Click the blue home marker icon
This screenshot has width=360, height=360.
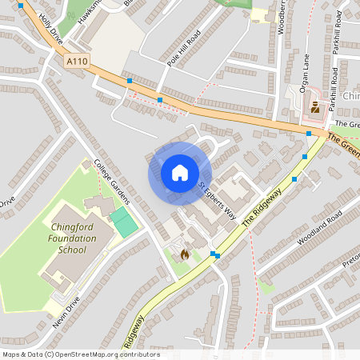(179, 173)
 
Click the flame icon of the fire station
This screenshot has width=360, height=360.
(185, 254)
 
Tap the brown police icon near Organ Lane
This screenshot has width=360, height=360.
(315, 106)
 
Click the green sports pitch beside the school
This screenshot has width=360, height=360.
(122, 222)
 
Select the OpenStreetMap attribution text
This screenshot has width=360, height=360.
(80, 354)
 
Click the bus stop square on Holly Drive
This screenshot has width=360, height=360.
(20, 6)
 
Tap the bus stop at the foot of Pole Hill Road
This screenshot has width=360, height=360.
(160, 100)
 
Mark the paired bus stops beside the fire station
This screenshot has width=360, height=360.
(215, 255)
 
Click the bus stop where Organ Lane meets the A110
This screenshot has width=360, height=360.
(309, 134)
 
